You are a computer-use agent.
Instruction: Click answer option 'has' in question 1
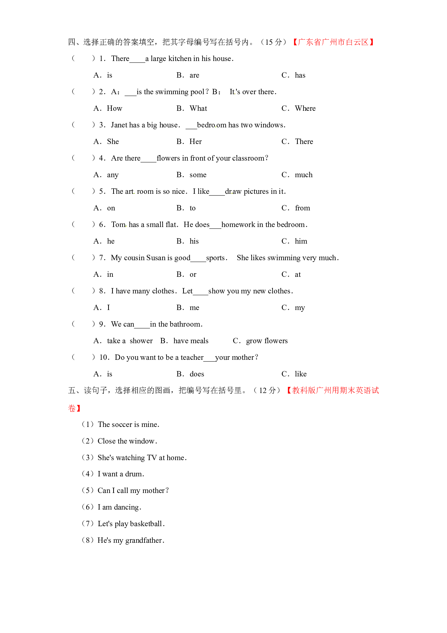(300, 75)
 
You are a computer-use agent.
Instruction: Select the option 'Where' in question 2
(305, 108)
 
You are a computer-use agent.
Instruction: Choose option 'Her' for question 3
(196, 141)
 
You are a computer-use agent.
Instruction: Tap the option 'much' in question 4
(304, 175)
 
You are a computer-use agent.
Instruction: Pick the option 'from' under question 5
(302, 208)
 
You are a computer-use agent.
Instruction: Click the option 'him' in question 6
(301, 241)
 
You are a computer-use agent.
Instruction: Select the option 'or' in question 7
(193, 275)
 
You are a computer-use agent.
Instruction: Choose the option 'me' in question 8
(194, 308)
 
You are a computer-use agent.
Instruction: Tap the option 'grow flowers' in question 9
(267, 341)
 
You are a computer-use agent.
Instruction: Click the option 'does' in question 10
(197, 374)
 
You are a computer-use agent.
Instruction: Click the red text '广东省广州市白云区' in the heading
(333, 42)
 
